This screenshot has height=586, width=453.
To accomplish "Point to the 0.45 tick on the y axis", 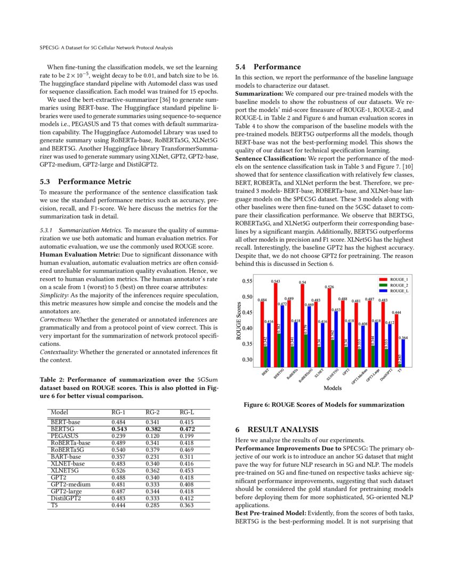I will pos(247,312).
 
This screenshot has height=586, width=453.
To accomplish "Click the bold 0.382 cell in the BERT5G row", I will pos(153,428).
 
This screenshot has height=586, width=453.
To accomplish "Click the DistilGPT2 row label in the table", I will pos(66,498).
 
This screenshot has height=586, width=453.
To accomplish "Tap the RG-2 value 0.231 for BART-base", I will pos(153,457).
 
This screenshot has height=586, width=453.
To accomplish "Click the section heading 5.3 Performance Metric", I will pos(86,182).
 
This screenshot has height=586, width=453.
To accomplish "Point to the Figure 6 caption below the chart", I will pos(324,405).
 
